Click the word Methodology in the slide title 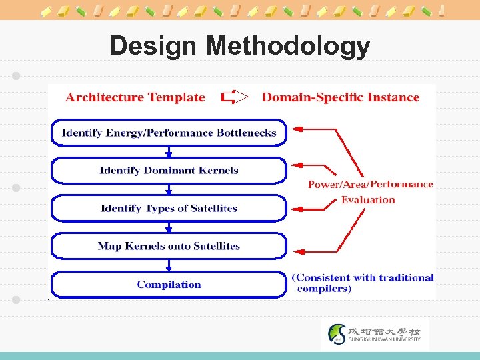288,46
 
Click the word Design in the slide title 153,46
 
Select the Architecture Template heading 135,97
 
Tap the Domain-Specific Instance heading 340,97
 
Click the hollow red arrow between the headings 235,97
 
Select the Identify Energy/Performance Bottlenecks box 169,133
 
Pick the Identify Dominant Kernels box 169,171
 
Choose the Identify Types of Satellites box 169,209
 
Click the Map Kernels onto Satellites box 169,247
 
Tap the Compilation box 169,285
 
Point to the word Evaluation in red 368,199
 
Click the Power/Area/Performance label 370,185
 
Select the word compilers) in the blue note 323,289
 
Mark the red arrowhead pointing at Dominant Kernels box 298,164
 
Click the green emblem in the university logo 338,333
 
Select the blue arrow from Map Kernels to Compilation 169,265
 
